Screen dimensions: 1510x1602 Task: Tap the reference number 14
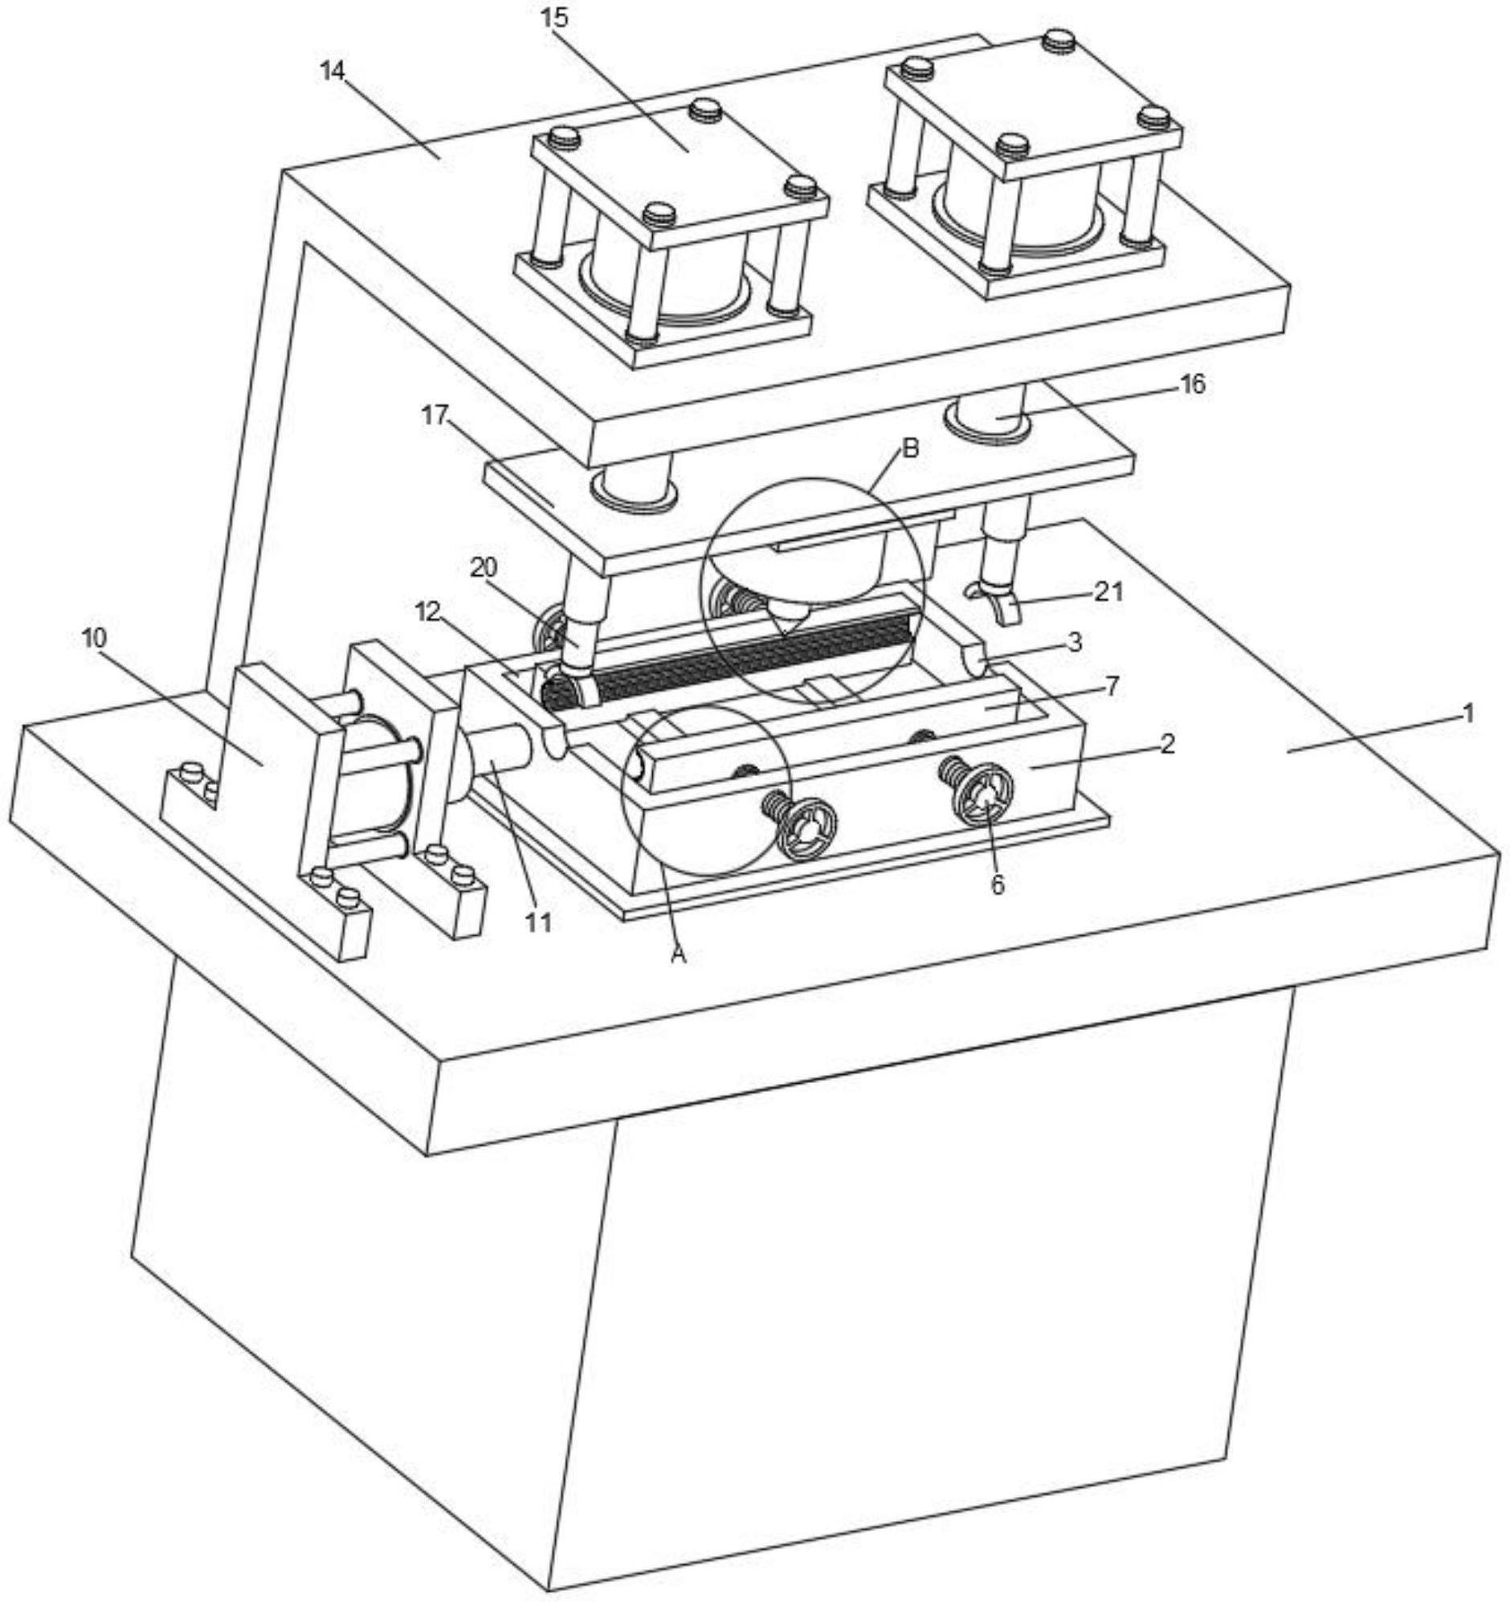(x=333, y=71)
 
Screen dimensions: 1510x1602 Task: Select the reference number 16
(x=1193, y=384)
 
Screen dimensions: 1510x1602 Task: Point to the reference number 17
(x=435, y=416)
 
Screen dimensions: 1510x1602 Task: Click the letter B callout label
(x=911, y=448)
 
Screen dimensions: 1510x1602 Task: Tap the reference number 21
(x=1108, y=591)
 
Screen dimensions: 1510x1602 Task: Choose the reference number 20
(x=484, y=568)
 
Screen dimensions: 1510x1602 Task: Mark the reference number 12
(x=429, y=612)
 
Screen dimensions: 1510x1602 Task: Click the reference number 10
(x=94, y=638)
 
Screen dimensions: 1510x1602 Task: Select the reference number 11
(x=538, y=922)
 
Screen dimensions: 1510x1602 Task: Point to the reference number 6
(x=998, y=885)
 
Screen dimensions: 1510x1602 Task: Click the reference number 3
(x=1074, y=642)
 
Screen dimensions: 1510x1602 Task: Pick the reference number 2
(x=1168, y=744)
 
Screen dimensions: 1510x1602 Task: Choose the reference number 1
(x=1468, y=713)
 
